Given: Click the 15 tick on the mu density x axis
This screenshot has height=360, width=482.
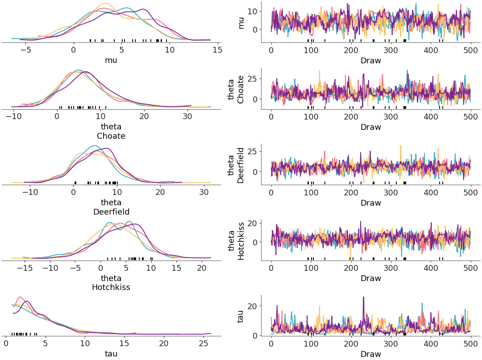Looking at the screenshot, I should point(217,50).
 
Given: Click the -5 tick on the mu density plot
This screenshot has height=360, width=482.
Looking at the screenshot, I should point(25,50).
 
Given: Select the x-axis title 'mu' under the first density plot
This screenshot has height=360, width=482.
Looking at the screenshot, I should point(111,60).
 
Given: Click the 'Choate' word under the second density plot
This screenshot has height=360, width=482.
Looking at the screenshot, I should point(111,136).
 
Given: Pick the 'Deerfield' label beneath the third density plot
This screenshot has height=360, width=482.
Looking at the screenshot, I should point(111,212).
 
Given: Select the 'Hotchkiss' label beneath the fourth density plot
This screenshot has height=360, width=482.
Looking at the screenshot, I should point(111,288).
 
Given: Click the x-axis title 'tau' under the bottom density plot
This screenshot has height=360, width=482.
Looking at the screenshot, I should point(111,354).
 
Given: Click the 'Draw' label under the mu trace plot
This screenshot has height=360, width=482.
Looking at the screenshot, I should point(370,61).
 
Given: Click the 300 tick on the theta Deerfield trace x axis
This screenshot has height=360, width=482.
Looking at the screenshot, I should point(391,193).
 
